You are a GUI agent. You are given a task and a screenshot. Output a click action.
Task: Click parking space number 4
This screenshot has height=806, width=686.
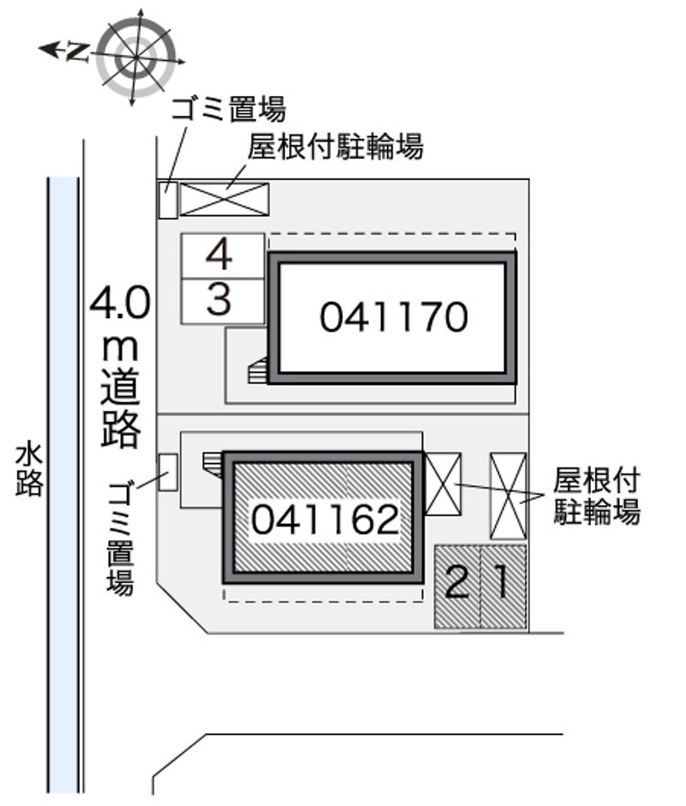(x=223, y=256)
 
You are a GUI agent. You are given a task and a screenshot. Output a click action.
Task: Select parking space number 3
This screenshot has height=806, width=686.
(x=223, y=302)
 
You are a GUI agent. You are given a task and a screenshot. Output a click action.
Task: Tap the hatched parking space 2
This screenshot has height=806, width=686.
(x=458, y=586)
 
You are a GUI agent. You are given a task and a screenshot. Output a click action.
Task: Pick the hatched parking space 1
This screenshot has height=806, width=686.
(x=504, y=586)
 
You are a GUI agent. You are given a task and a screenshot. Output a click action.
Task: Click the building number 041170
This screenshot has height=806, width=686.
(x=394, y=317)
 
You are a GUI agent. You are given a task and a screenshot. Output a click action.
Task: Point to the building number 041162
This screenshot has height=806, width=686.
(x=325, y=519)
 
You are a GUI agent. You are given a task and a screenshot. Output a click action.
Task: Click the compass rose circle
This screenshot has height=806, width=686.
(x=137, y=57)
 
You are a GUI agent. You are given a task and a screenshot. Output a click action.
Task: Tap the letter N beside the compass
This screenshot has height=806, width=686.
(x=79, y=52)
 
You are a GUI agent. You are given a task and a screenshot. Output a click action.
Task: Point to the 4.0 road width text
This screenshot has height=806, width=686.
(x=120, y=304)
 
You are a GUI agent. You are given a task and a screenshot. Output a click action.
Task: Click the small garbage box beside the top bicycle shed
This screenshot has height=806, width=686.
(x=168, y=201)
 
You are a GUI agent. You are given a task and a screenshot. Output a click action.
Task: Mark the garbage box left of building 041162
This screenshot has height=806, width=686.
(x=168, y=472)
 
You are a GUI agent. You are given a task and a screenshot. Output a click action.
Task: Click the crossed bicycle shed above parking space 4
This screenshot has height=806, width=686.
(x=224, y=199)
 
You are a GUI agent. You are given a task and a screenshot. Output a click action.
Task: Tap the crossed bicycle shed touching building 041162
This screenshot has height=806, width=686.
(x=443, y=484)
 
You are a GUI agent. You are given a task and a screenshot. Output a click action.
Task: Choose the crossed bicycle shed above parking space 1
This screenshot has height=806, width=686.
(x=508, y=496)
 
